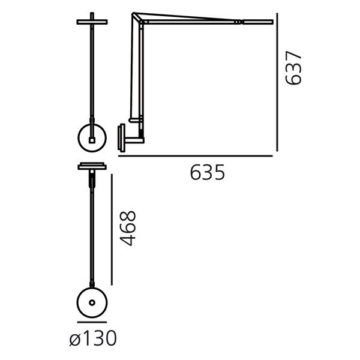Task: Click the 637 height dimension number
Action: click(293, 68)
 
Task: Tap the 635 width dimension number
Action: click(208, 172)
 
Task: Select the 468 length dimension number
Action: click(128, 229)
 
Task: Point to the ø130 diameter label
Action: click(93, 338)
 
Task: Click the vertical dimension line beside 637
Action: click(277, 82)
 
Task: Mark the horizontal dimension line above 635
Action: click(196, 156)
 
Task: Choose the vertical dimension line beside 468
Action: click(112, 230)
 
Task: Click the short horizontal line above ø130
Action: click(92, 322)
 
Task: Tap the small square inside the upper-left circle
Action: click(92, 140)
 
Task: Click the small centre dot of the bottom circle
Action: click(92, 303)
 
